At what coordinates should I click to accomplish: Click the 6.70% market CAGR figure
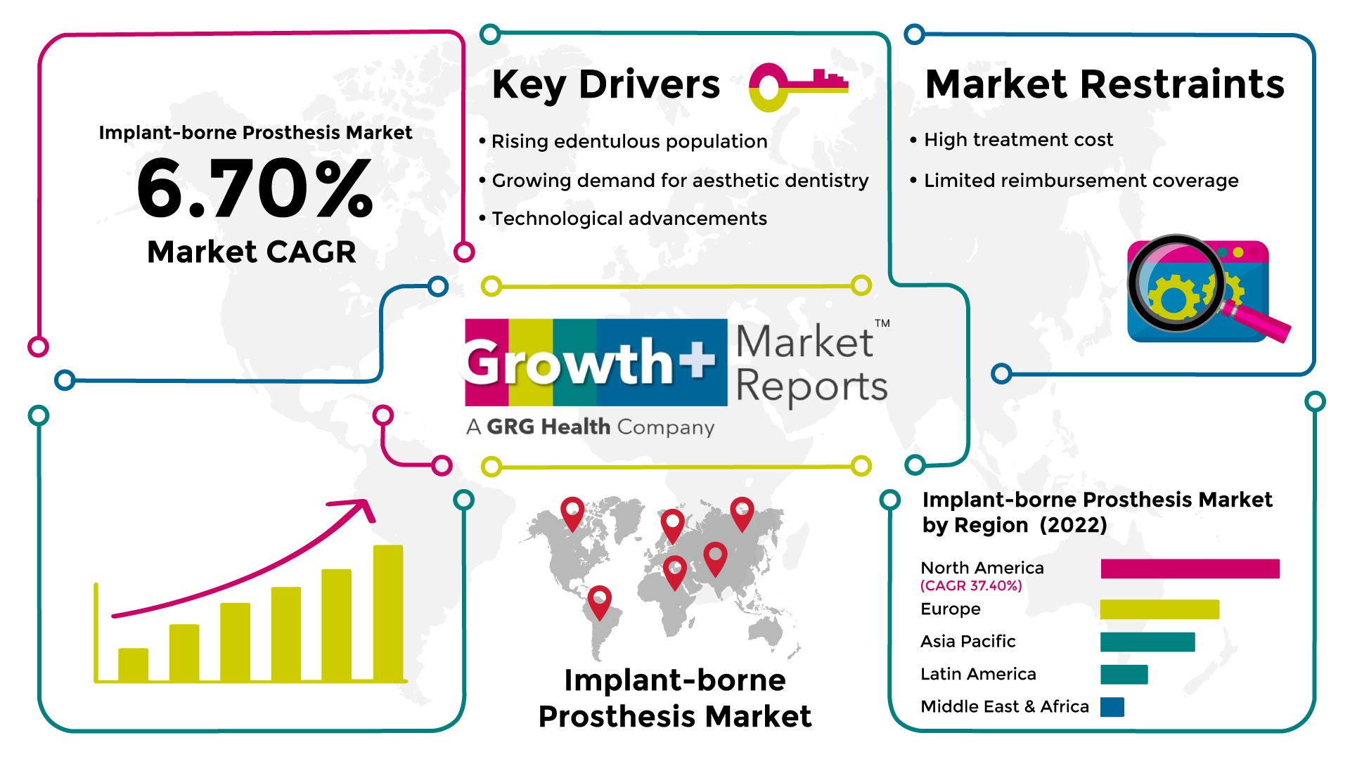[255, 188]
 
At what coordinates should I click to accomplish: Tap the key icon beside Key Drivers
[799, 86]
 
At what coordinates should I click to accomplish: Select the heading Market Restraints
[1105, 84]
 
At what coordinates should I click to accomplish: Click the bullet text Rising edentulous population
[629, 141]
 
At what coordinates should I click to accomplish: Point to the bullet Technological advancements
[629, 219]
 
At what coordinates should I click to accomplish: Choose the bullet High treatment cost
[1018, 140]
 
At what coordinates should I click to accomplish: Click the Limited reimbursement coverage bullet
[1081, 181]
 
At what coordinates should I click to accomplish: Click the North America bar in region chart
[1190, 569]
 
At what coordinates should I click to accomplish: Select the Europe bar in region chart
[1159, 609]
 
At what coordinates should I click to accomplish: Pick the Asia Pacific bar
[1147, 642]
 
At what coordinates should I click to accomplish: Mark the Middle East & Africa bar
[1112, 707]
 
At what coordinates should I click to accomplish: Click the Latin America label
[978, 674]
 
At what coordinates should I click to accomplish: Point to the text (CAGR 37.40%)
[971, 585]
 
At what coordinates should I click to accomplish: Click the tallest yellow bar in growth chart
[388, 613]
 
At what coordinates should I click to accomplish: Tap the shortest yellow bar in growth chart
[133, 664]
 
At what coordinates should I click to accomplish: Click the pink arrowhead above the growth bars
[360, 509]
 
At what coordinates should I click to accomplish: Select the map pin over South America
[599, 602]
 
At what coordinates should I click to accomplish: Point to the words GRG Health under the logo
[548, 427]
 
